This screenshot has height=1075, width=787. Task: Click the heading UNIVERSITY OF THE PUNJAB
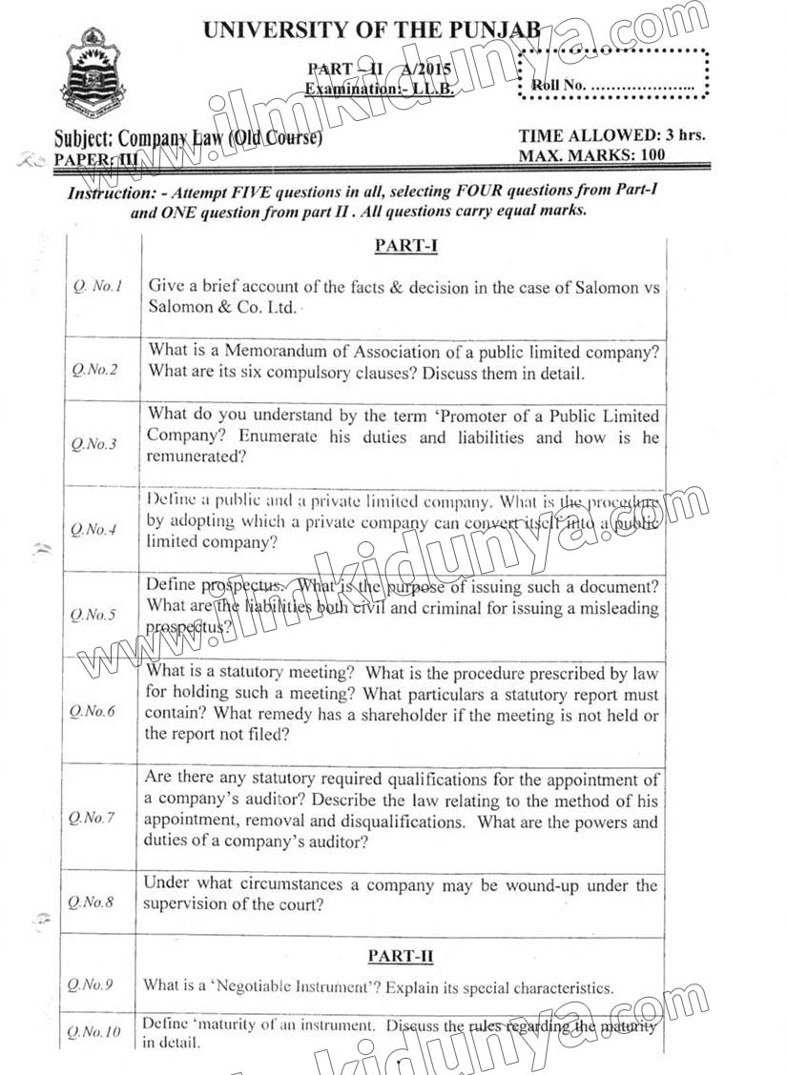(372, 30)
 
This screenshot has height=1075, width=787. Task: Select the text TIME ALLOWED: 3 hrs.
(611, 135)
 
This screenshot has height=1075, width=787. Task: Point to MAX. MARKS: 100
(591, 154)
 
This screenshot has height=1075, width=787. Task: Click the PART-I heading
(405, 245)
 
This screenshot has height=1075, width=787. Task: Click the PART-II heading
(404, 955)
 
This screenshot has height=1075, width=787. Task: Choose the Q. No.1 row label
(97, 285)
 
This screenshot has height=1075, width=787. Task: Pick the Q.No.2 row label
(94, 370)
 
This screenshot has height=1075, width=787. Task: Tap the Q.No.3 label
(94, 444)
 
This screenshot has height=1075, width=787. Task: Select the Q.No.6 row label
(94, 712)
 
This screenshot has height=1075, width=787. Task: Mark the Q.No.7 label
(94, 818)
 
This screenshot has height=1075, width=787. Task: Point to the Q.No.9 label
(94, 984)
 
